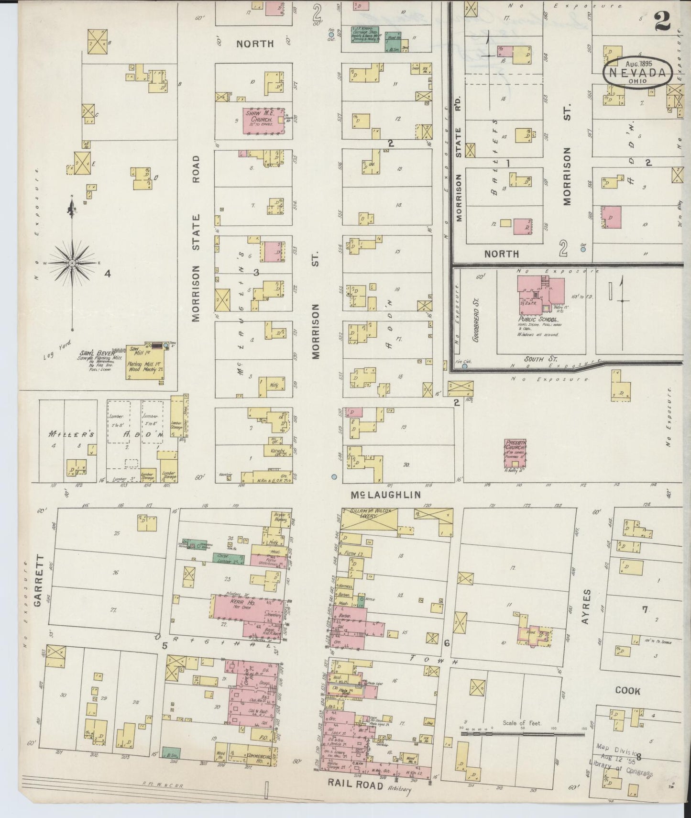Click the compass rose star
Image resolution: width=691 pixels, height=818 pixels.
point(72,263)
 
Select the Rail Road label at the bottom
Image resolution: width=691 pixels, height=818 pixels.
point(355,785)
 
